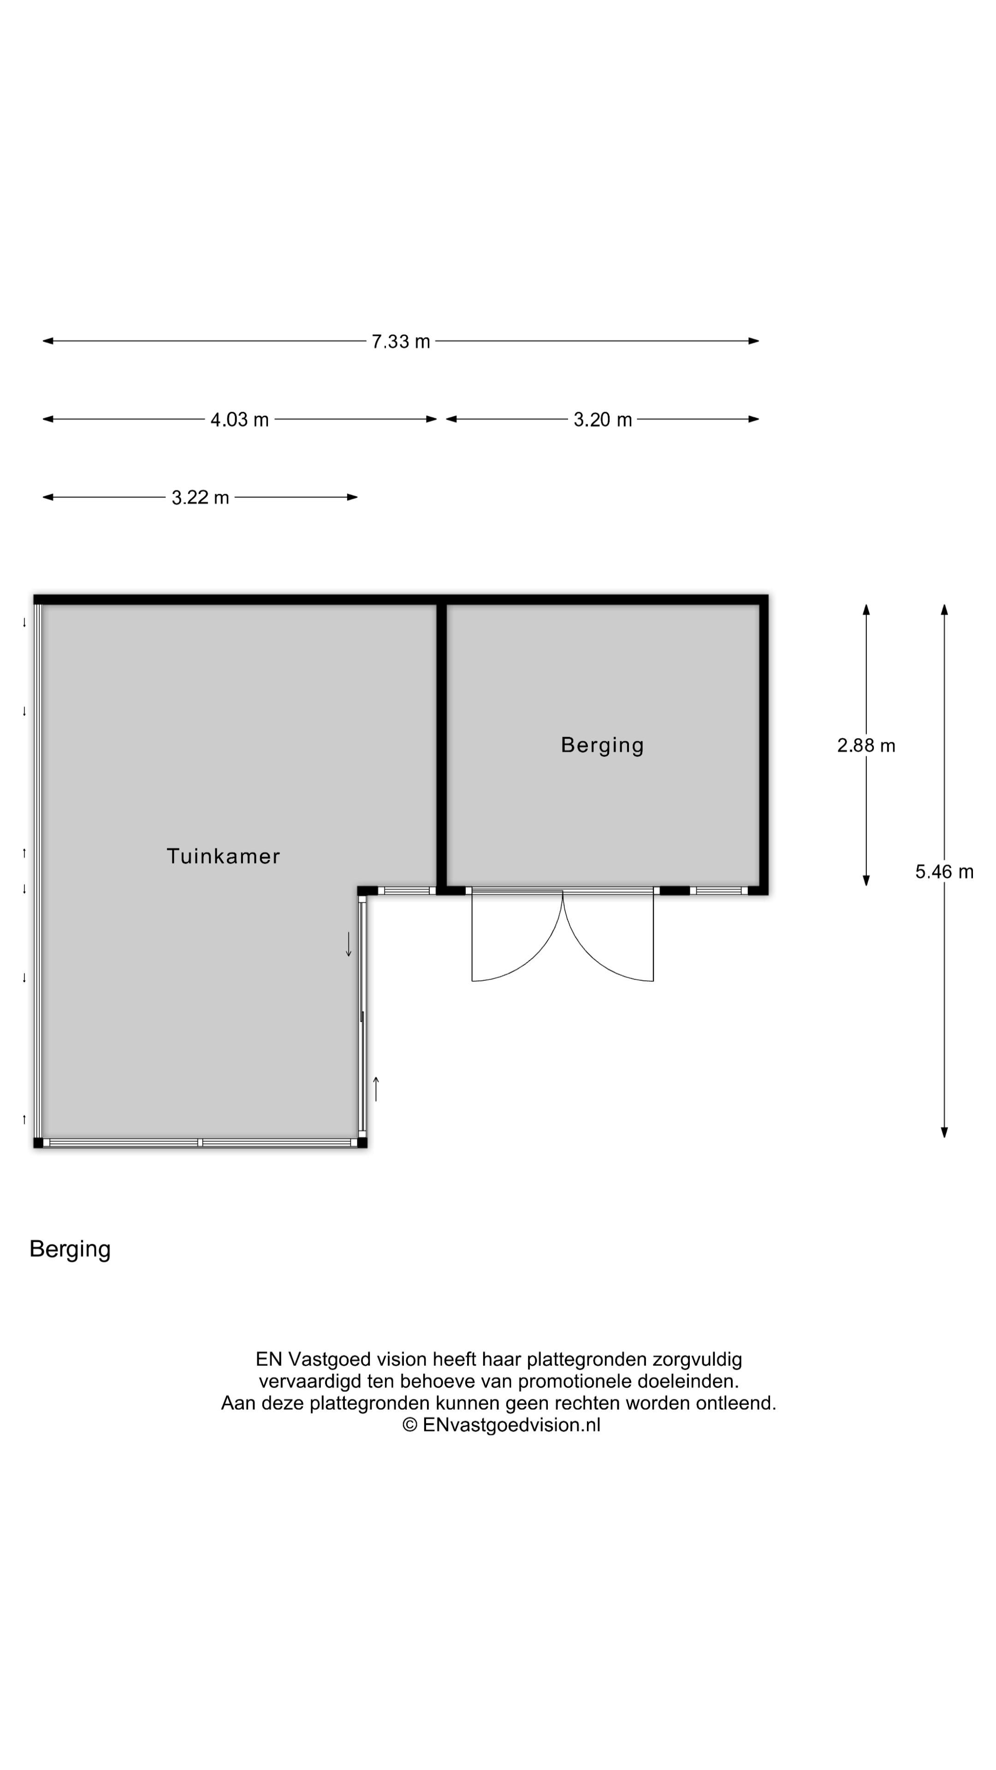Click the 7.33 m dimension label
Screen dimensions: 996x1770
point(400,342)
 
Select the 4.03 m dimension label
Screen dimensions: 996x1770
point(239,420)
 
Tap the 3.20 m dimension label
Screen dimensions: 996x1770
point(602,420)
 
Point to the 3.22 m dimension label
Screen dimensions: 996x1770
point(200,497)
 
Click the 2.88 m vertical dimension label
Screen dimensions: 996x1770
point(866,745)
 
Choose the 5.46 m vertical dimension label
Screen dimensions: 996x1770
point(944,872)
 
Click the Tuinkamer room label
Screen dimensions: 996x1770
point(223,856)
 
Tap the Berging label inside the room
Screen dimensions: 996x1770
point(602,745)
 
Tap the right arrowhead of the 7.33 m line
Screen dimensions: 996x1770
point(754,341)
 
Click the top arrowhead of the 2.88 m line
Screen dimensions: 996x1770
point(866,609)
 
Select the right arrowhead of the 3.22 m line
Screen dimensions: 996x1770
point(353,497)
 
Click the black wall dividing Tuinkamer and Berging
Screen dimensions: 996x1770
point(441,745)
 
